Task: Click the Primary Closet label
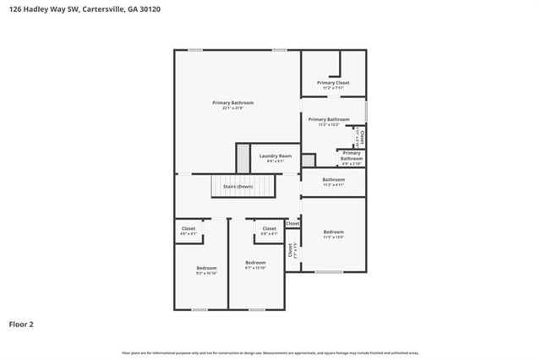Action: pos(333,84)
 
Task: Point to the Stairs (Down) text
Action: pos(238,186)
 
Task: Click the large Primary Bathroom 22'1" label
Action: pos(232,104)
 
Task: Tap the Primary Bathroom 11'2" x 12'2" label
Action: pos(328,122)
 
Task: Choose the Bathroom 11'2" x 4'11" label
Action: pos(333,181)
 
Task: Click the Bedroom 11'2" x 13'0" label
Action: pos(333,234)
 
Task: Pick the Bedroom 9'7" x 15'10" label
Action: pos(255,265)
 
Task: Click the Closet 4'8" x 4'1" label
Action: pos(189,231)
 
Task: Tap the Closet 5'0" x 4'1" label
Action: pos(269,231)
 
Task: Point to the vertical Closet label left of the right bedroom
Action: pos(291,250)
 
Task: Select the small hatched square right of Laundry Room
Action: pos(309,159)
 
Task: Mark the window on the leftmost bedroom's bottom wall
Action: pos(200,309)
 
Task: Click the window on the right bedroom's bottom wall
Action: pos(328,271)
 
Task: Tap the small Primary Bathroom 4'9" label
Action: pos(351,156)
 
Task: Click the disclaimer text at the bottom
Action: pos(270,352)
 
